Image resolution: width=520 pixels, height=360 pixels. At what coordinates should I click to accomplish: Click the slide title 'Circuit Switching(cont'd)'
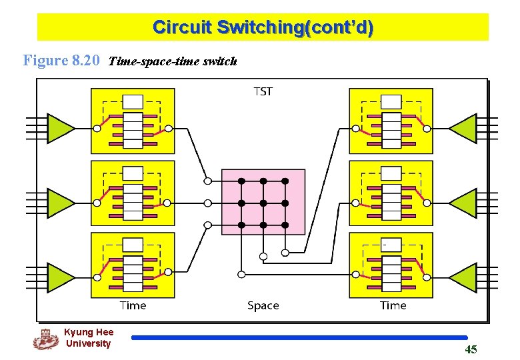coord(263,27)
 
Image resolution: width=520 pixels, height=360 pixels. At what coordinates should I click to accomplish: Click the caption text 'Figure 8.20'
coord(61,61)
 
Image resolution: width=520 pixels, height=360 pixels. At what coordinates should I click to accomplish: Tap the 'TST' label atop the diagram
coord(263,91)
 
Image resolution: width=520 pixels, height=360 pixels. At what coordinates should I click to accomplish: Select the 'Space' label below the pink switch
coord(263,305)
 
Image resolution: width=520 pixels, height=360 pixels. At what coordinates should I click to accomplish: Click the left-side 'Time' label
coord(133,305)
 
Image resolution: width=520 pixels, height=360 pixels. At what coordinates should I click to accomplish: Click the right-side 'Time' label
coord(393,305)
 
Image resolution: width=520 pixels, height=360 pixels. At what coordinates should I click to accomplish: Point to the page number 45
coord(471,349)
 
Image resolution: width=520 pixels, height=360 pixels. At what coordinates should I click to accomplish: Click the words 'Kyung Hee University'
coord(89,338)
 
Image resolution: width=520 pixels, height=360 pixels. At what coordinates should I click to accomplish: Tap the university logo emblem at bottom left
coord(45,339)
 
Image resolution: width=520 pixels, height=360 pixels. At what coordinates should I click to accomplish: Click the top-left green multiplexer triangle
coord(61,128)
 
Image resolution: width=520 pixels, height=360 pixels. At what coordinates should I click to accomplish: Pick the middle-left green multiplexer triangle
coord(61,203)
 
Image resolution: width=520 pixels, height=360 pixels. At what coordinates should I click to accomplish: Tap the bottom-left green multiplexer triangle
coord(61,277)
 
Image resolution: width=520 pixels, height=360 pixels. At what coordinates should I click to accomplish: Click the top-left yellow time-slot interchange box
coord(133,121)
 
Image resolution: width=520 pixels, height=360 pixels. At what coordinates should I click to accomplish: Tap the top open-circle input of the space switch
coord(208,181)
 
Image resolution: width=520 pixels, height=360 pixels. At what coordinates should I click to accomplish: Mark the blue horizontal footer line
coord(299,338)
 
